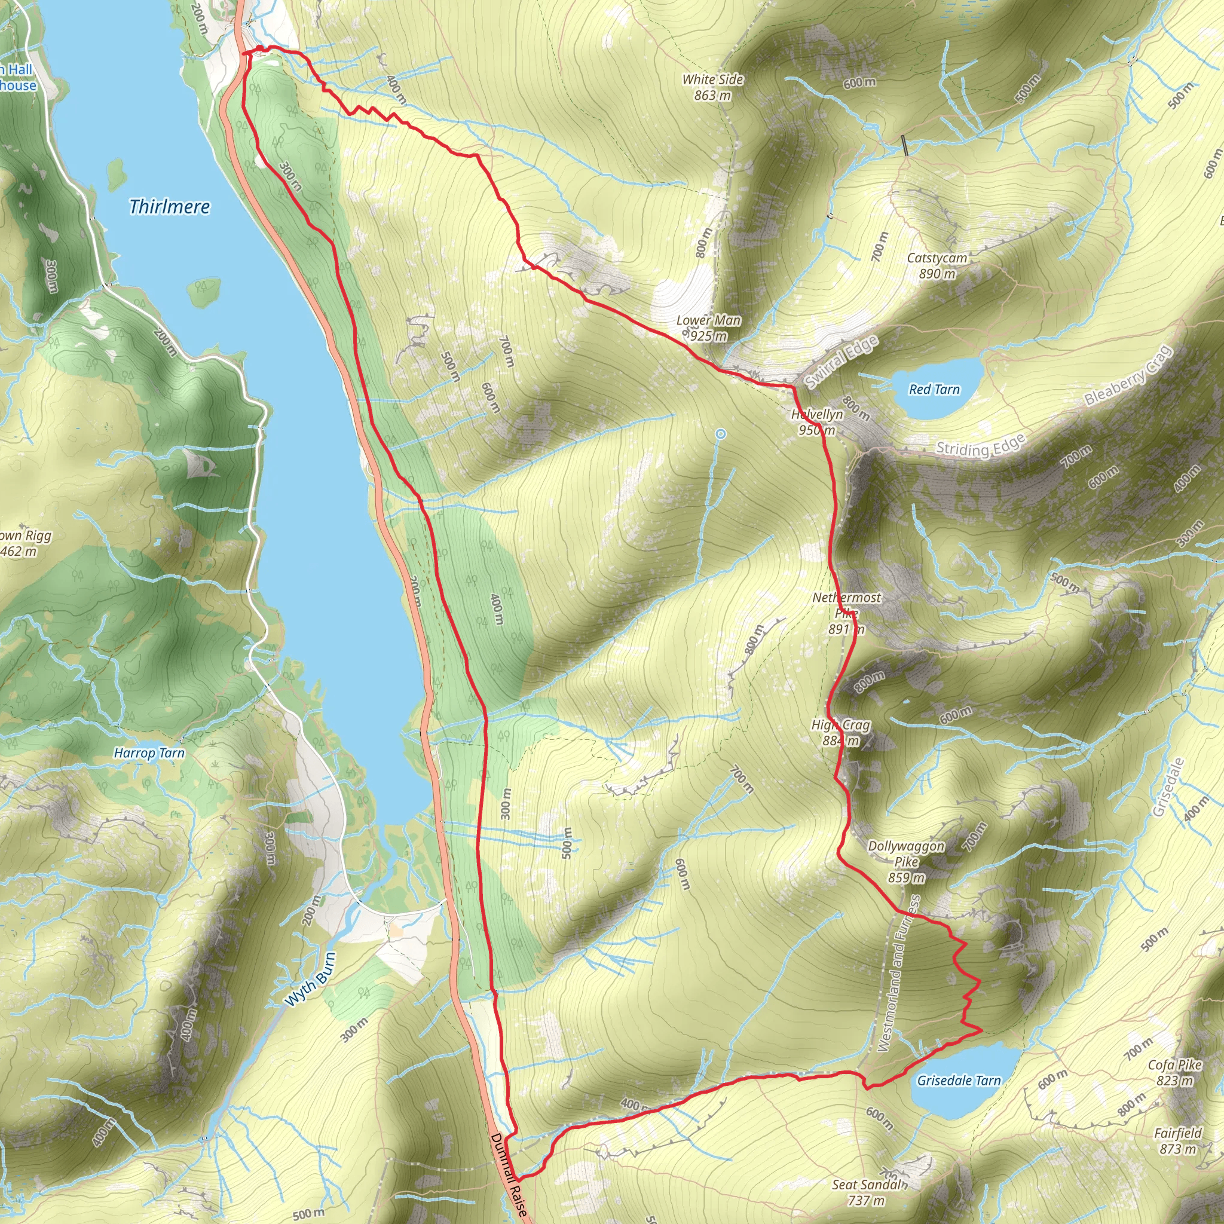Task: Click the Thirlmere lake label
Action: [169, 207]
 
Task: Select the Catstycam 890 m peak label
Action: [937, 265]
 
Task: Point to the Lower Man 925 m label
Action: [708, 328]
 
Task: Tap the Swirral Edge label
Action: [841, 361]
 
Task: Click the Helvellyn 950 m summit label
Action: [817, 422]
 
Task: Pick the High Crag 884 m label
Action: [841, 732]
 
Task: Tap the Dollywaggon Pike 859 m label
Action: [906, 862]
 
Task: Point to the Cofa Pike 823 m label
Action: [1174, 1073]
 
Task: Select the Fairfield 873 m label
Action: [1178, 1140]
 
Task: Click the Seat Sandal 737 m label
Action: [867, 1192]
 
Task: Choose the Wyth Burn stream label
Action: [310, 980]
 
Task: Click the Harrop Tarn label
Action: [149, 753]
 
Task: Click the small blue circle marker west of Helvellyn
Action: [720, 434]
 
